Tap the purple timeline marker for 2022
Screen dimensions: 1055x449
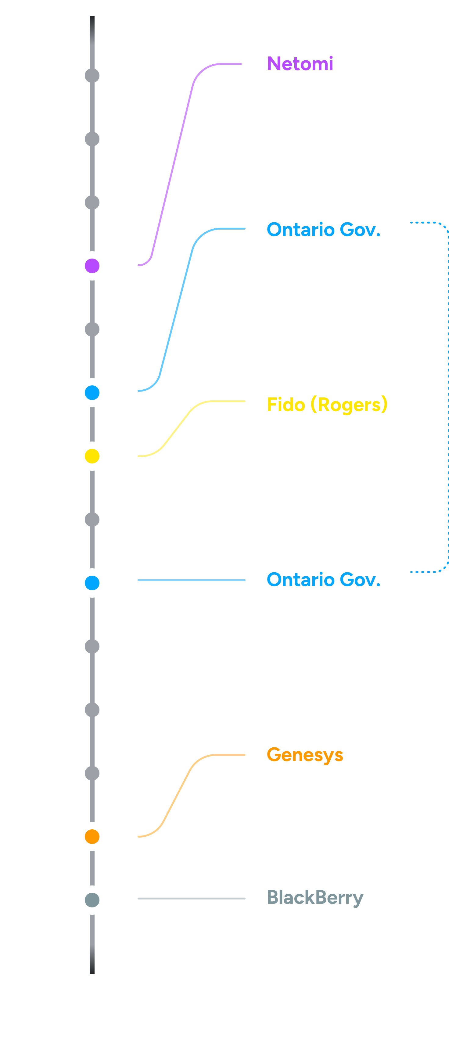tap(92, 266)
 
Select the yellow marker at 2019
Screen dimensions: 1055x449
tap(92, 456)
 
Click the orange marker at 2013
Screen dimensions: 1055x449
tap(92, 836)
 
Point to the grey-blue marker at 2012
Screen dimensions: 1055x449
tap(92, 900)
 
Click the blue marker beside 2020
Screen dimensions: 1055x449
tap(92, 392)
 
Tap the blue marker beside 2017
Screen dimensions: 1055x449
tap(92, 582)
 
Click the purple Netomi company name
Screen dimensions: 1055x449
tap(300, 64)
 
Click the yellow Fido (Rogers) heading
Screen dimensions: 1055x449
tap(327, 405)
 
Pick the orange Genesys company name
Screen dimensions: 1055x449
tap(305, 755)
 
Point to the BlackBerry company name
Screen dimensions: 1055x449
tap(315, 897)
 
